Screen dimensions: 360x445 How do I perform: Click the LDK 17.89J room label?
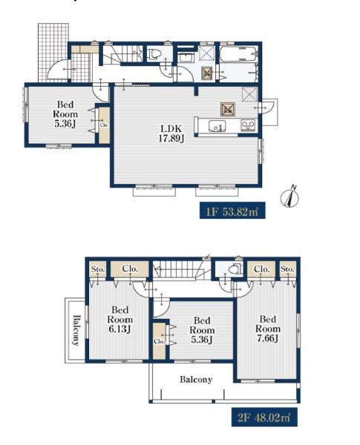171,133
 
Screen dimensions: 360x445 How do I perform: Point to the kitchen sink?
217,126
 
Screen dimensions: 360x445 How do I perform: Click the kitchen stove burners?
248,125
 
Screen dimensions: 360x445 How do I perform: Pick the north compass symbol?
290,196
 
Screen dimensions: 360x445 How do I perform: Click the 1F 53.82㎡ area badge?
232,211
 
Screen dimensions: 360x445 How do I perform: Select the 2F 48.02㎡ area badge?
264,417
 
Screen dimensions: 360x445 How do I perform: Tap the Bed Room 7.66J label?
268,329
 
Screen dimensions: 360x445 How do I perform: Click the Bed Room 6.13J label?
120,320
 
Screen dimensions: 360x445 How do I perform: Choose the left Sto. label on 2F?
98,268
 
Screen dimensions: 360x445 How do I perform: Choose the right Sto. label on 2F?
287,268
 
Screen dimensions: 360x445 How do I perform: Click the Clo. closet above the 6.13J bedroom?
130,268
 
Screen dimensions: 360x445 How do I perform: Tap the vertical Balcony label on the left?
76,330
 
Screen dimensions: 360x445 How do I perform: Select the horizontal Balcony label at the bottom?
196,380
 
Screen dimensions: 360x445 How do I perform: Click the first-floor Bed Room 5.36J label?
65,114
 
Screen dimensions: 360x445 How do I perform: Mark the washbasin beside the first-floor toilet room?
186,57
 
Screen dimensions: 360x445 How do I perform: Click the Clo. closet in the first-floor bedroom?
104,125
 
